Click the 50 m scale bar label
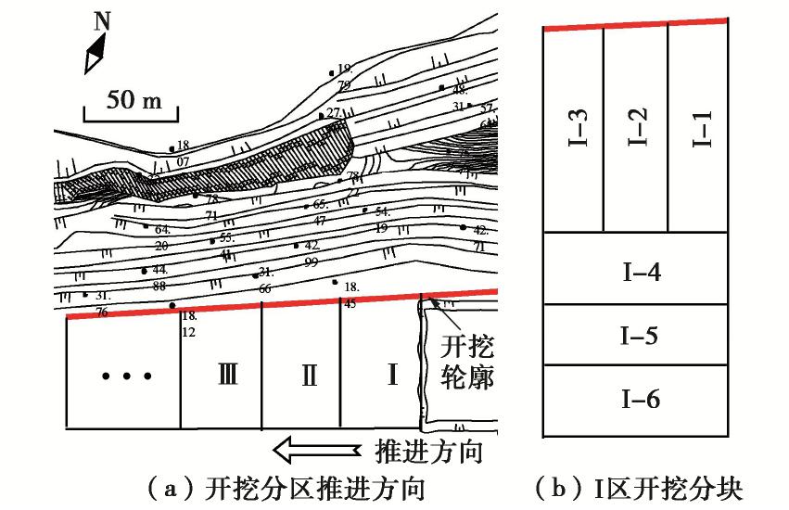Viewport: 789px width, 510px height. [130, 100]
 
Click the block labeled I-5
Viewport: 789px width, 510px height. [636, 335]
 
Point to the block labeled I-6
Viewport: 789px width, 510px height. [636, 400]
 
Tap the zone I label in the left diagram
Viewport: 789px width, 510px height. [392, 375]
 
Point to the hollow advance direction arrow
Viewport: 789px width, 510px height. [315, 451]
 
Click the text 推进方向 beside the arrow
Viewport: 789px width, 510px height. [427, 453]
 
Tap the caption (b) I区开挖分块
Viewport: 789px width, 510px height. [639, 488]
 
